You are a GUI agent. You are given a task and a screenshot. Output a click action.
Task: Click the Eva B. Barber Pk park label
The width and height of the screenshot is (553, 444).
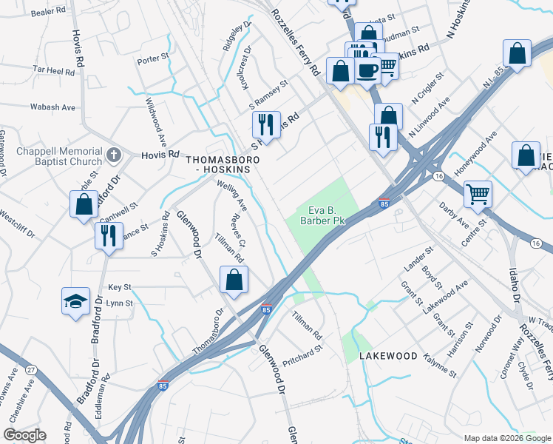pos(322,214)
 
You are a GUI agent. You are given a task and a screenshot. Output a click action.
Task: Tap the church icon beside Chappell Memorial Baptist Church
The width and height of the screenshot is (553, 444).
pos(113,155)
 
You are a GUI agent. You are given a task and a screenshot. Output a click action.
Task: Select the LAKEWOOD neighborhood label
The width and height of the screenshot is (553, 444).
pos(388,356)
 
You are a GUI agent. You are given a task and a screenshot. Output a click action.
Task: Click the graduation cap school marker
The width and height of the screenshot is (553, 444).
pos(75,302)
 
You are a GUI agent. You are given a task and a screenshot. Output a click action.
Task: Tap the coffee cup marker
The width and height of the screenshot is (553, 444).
pos(367,71)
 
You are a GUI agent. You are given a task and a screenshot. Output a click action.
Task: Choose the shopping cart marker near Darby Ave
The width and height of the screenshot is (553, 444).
pos(478,195)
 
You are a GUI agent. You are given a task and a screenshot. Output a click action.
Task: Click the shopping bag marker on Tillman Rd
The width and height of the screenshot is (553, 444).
pos(234,280)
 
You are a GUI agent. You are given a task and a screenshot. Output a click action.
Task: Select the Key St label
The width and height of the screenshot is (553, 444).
pos(119,286)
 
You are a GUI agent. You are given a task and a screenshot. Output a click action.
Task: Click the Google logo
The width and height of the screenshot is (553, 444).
pos(24,435)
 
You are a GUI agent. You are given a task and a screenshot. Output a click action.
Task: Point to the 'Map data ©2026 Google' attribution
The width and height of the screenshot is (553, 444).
pos(506,438)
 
